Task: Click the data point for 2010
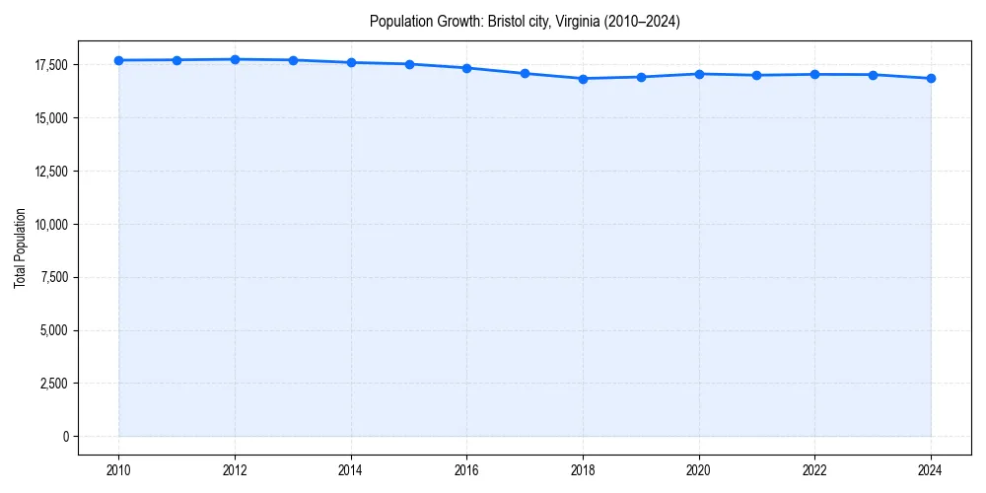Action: pyautogui.click(x=118, y=60)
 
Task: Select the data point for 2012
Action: pyautogui.click(x=235, y=59)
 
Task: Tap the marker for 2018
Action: pyautogui.click(x=583, y=79)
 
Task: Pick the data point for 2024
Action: pyautogui.click(x=931, y=78)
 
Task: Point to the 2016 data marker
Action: pyautogui.click(x=466, y=68)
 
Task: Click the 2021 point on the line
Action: pyautogui.click(x=756, y=75)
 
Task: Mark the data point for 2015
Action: pyautogui.click(x=409, y=64)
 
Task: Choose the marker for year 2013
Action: pyautogui.click(x=293, y=60)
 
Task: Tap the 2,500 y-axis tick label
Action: pyautogui.click(x=54, y=384)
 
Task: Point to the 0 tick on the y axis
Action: pyautogui.click(x=65, y=437)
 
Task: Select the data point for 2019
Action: pyautogui.click(x=641, y=77)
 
